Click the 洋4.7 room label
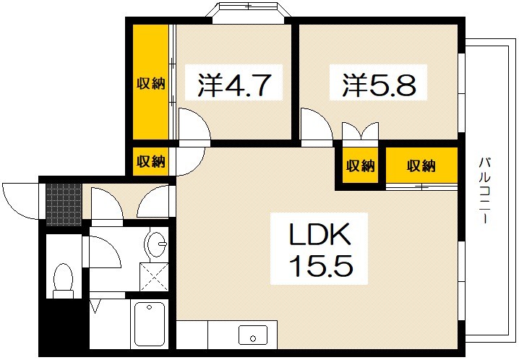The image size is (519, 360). click(234, 85)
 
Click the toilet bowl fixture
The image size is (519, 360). click(64, 280)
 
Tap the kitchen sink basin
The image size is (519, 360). click(253, 335)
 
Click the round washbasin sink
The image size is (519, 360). click(156, 241)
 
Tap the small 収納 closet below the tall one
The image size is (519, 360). click(150, 161)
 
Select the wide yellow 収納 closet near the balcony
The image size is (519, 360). click(421, 166)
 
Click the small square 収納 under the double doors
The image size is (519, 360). click(360, 166)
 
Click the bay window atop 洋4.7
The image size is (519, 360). click(246, 13)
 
